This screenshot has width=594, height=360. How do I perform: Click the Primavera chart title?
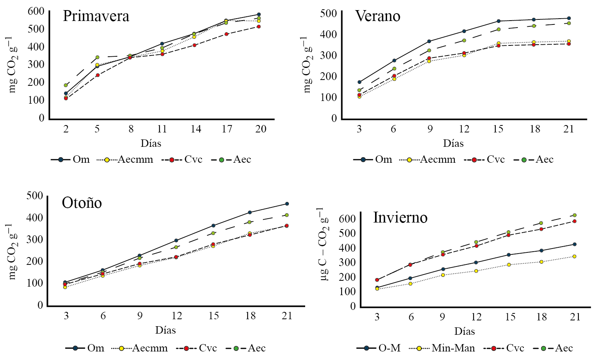[x=96, y=16]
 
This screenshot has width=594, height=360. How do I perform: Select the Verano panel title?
[x=377, y=16]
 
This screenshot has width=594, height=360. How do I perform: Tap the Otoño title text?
[x=82, y=203]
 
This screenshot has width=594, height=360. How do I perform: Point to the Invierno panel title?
[x=400, y=217]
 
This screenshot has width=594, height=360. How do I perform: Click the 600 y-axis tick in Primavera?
[x=36, y=11]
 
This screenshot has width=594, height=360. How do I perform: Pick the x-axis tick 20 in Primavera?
[x=261, y=129]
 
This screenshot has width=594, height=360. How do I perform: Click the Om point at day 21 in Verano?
[x=569, y=18]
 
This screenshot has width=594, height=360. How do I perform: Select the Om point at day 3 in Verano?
[x=360, y=82]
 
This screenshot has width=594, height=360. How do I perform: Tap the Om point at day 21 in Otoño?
[x=287, y=203]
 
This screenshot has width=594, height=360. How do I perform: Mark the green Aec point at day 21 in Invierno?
[x=575, y=215]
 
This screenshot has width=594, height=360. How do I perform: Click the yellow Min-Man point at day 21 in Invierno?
[x=575, y=256]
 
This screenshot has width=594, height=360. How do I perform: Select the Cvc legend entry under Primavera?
[x=193, y=160]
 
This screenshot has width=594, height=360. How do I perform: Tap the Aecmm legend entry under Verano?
[x=438, y=160]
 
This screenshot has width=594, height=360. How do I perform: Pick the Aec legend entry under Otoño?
[x=256, y=348]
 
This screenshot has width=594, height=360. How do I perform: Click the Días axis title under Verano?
[x=453, y=143]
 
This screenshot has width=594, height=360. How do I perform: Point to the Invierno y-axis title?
[x=323, y=243]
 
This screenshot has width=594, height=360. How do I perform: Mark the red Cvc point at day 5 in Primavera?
[x=98, y=75]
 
